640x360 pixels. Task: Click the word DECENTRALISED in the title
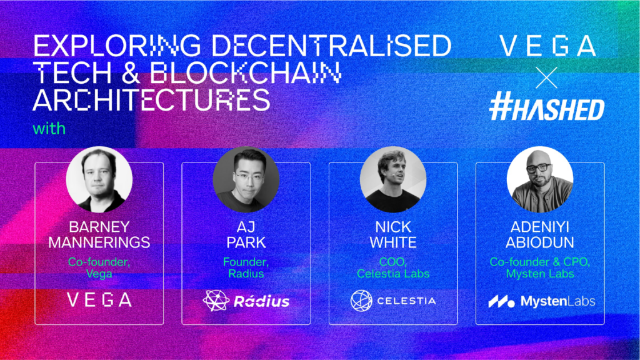pyautogui.click(x=331, y=45)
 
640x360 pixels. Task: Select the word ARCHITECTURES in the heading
pyautogui.click(x=151, y=100)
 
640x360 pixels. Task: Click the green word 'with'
pyautogui.click(x=49, y=129)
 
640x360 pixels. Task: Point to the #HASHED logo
pyautogui.click(x=546, y=106)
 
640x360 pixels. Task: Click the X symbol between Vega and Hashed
pyautogui.click(x=546, y=78)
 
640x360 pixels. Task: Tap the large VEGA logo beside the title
pyautogui.click(x=547, y=45)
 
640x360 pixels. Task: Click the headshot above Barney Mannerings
pyautogui.click(x=99, y=179)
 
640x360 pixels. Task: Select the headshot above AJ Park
pyautogui.click(x=246, y=179)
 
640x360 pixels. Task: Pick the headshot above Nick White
pyautogui.click(x=393, y=179)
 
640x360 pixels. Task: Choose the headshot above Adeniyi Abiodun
pyautogui.click(x=540, y=179)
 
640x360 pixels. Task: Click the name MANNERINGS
pyautogui.click(x=99, y=242)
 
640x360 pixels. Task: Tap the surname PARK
pyautogui.click(x=246, y=242)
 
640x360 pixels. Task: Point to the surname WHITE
pyautogui.click(x=393, y=242)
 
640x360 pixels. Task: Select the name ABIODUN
pyautogui.click(x=540, y=242)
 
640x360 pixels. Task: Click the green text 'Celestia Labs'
pyautogui.click(x=393, y=274)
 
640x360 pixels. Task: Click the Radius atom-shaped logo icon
pyautogui.click(x=216, y=301)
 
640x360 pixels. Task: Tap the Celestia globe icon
pyautogui.click(x=361, y=301)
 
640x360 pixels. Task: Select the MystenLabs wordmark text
pyautogui.click(x=558, y=301)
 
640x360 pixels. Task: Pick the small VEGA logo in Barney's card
pyautogui.click(x=99, y=299)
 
